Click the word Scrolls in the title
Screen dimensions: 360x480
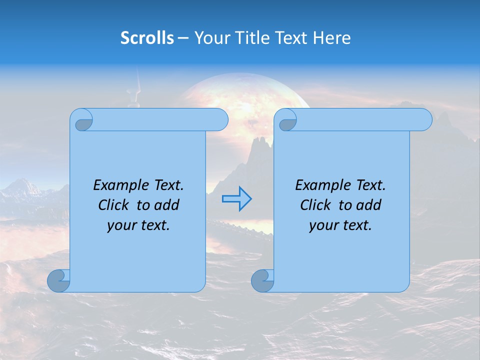pos(147,38)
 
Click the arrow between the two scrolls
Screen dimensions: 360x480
pos(236,198)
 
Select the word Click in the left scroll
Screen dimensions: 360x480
pos(113,205)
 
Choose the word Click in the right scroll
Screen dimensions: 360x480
pos(315,205)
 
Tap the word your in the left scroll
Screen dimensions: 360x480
pos(121,225)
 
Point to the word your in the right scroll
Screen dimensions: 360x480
pos(323,225)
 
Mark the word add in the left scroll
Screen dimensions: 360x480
pos(167,205)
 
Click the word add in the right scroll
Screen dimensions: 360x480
pos(369,205)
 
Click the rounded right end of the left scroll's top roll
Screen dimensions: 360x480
pos(220,120)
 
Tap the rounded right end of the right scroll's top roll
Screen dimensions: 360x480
pos(424,120)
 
